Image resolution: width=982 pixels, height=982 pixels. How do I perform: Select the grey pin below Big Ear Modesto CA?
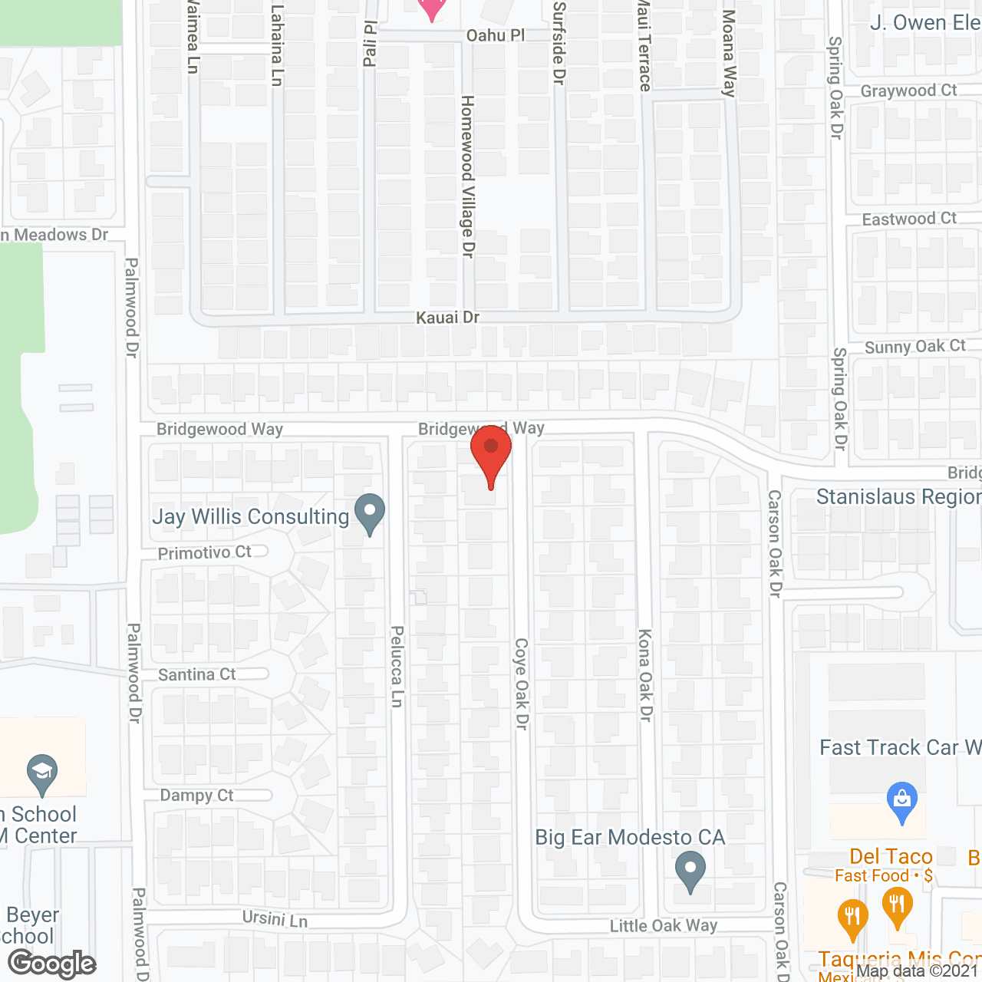click(690, 871)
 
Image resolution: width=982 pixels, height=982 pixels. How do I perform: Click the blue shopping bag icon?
click(902, 802)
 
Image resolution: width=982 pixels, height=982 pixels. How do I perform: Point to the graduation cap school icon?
click(42, 775)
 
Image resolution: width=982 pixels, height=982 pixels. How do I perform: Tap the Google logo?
click(52, 963)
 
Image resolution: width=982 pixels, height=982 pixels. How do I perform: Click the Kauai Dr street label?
click(447, 318)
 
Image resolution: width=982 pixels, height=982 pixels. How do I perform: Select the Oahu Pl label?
click(496, 35)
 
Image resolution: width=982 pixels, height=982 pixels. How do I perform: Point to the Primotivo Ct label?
click(205, 552)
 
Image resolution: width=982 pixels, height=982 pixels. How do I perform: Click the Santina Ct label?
click(197, 674)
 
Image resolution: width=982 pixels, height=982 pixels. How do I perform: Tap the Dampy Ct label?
click(197, 796)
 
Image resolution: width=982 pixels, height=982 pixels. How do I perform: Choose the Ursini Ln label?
click(275, 918)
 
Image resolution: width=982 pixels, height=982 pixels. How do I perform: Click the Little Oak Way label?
click(664, 926)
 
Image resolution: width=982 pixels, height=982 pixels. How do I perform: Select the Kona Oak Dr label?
click(645, 675)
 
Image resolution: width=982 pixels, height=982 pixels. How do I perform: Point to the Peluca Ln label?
click(397, 666)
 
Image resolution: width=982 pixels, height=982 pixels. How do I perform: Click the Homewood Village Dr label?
click(467, 176)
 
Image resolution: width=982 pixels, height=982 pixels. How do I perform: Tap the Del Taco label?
click(891, 856)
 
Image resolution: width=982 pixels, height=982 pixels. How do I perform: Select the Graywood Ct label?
click(908, 91)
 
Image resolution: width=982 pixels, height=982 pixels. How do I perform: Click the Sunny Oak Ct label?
click(914, 347)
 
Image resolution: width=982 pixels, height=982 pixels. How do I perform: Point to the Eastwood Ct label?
click(909, 219)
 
